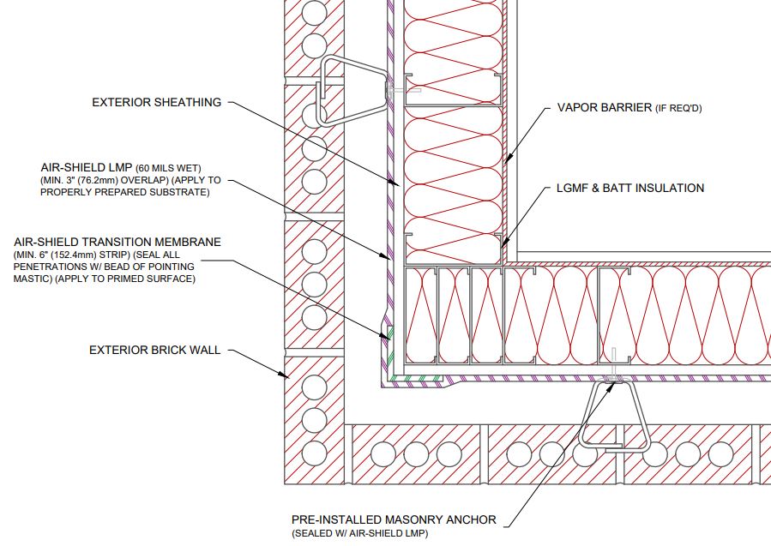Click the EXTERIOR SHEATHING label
pyautogui.click(x=156, y=102)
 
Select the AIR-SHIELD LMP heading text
pyautogui.click(x=86, y=168)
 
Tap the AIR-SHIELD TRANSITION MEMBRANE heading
pyautogui.click(x=117, y=242)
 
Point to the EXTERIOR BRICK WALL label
pyautogui.click(x=155, y=350)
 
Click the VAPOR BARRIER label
pyautogui.click(x=605, y=107)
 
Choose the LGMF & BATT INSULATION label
pyautogui.click(x=630, y=188)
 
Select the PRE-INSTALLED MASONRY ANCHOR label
pyautogui.click(x=394, y=519)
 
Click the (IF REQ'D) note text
pyautogui.click(x=678, y=108)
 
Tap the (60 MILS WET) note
pyautogui.click(x=168, y=169)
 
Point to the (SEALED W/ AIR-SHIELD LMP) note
pyautogui.click(x=360, y=533)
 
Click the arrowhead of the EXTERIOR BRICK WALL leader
pyautogui.click(x=284, y=375)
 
